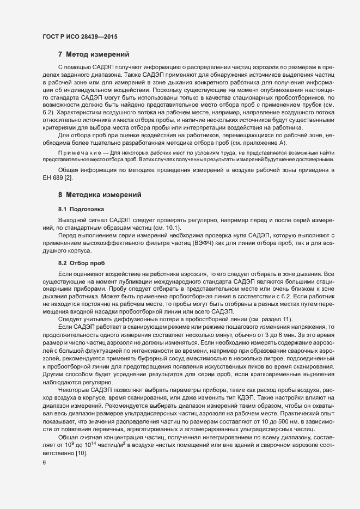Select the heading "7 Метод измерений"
click(x=93, y=53)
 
